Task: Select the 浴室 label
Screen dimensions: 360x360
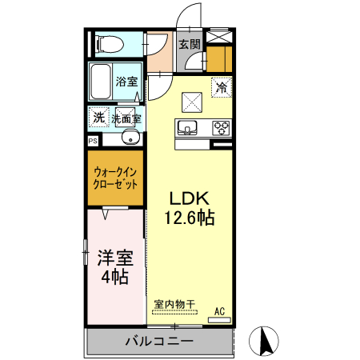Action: pyautogui.click(x=126, y=82)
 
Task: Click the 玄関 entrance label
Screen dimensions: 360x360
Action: pyautogui.click(x=189, y=45)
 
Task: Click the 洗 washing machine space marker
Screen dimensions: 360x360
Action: pyautogui.click(x=98, y=118)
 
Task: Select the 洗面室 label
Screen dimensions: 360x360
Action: pyautogui.click(x=126, y=118)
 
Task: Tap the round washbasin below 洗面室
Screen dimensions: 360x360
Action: pyautogui.click(x=131, y=139)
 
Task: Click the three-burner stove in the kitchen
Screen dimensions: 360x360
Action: pyautogui.click(x=221, y=126)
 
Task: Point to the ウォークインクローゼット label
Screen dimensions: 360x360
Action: pyautogui.click(x=115, y=177)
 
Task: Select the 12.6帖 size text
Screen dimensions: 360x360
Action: pyautogui.click(x=190, y=218)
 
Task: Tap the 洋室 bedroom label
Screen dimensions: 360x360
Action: pyautogui.click(x=115, y=258)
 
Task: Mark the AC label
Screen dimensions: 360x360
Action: pyautogui.click(x=219, y=311)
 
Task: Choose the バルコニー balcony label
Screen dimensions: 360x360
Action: pyautogui.click(x=158, y=342)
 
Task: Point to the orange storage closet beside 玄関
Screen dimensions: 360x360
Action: pyautogui.click(x=217, y=59)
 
